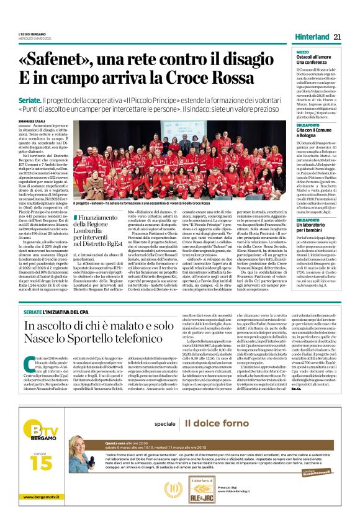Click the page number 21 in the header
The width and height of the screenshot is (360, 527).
338,37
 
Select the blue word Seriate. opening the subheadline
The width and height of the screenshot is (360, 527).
47,100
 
